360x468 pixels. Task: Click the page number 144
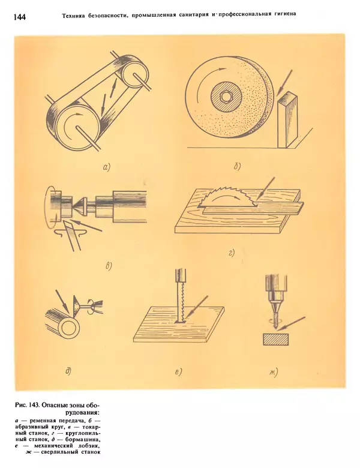pos(20,17)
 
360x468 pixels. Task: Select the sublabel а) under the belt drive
pos(107,167)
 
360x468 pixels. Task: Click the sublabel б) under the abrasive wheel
pos(237,167)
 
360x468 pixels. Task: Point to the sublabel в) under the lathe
pos(109,266)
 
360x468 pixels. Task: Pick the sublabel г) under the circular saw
pos(232,253)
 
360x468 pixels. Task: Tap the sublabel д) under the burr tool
pos(68,371)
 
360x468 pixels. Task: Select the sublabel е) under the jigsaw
pos(178,372)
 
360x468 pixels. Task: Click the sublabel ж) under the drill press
pos(274,372)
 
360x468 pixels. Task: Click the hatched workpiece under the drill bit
pos(275,339)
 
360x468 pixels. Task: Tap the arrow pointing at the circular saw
pos(266,187)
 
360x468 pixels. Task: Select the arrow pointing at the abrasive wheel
pos(284,83)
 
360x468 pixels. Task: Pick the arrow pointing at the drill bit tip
pos(291,323)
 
